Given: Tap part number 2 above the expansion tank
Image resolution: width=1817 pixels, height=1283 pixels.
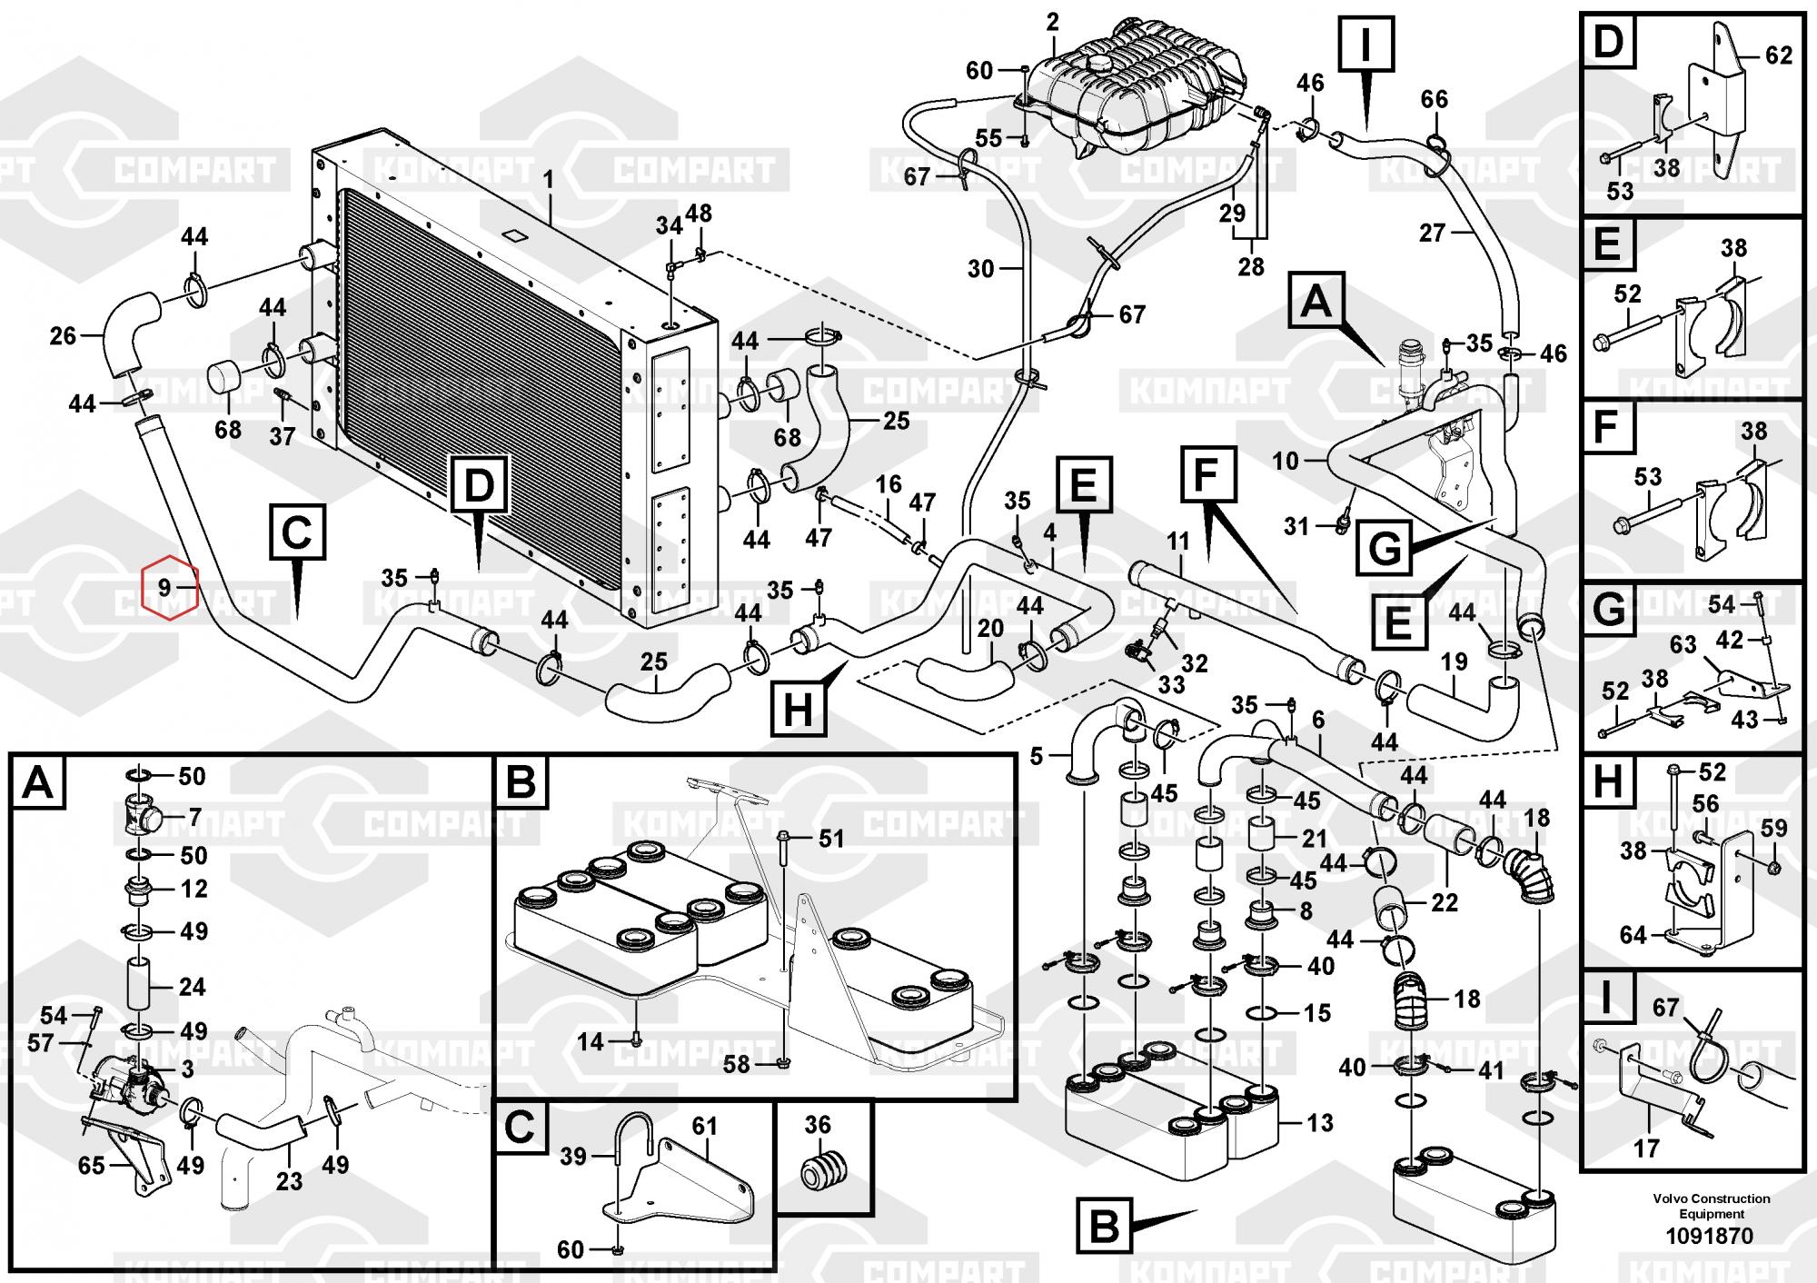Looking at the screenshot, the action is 1053,22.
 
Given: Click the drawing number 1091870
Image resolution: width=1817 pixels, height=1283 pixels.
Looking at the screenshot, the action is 1711,1236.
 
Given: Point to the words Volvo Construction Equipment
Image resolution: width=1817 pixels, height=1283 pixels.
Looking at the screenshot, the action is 1712,1206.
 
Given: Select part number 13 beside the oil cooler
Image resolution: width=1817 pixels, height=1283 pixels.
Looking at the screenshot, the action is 1320,1122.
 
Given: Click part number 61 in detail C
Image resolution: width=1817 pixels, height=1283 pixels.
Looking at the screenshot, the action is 705,1126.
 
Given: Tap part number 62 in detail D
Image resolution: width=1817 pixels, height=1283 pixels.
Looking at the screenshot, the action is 1779,55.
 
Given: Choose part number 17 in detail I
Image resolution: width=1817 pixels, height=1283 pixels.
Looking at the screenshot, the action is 1646,1149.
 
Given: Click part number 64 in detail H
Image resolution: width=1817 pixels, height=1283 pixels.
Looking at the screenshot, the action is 1633,935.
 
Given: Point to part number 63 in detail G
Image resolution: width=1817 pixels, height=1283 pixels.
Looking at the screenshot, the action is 1683,644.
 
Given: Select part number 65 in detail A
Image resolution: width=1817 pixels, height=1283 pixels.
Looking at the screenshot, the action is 91,1165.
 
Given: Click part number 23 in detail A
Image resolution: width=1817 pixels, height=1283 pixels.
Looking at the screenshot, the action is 289,1181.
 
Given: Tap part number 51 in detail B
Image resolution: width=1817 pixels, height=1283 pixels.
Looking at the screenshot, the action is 831,838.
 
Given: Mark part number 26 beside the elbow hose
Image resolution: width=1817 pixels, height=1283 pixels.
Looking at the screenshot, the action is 63,336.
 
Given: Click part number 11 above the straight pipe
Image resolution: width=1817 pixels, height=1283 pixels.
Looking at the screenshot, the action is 1177,542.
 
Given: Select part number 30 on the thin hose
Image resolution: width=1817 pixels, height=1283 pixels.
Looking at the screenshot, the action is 981,269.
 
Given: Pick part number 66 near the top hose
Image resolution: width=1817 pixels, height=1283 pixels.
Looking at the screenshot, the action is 1435,99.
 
